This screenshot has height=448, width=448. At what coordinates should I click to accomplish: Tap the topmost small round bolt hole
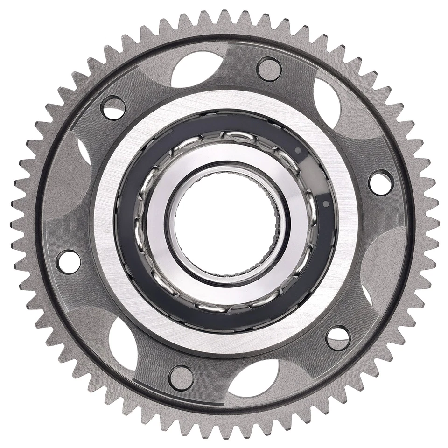tap(269, 69)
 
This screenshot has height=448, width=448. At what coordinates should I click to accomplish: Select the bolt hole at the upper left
tap(113, 108)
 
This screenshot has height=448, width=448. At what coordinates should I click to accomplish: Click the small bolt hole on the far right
tap(380, 182)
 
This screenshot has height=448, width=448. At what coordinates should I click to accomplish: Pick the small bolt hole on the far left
tap(68, 261)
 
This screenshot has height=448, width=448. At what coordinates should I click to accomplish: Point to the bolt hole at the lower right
tap(338, 338)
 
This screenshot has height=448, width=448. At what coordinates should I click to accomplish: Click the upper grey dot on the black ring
tap(297, 150)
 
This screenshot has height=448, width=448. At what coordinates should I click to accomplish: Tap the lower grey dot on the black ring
tap(325, 204)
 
